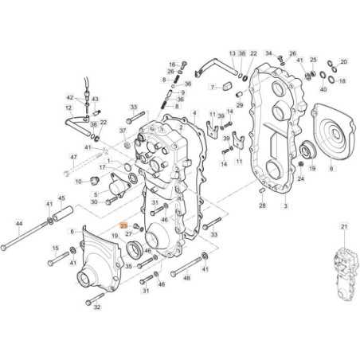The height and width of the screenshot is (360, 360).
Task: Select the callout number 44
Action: coord(19,225)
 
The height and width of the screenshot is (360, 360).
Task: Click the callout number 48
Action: coord(186,279)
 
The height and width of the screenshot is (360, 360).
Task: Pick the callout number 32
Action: coord(98,306)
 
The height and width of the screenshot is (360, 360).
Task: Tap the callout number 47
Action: coord(74,159)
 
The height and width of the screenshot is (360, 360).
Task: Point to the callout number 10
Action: coord(78,182)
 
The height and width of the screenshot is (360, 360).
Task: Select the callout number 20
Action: coord(344,61)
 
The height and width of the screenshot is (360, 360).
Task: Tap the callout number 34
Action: coord(268,53)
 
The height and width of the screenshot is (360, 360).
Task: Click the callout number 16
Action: coord(170,64)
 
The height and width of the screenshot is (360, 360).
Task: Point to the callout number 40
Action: coord(322,89)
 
